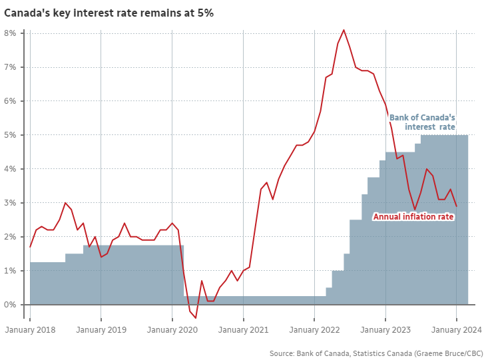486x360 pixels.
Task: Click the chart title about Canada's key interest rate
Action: tap(109, 13)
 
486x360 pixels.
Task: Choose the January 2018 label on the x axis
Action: tap(30, 329)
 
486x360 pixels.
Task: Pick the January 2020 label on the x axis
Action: tap(172, 329)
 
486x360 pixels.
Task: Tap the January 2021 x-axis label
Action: tap(243, 329)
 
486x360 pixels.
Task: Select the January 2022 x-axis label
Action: tap(314, 329)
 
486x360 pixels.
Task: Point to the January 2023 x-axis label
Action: tap(385, 329)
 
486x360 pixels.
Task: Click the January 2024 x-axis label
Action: tap(456, 329)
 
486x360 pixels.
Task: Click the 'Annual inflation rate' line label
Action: tap(413, 217)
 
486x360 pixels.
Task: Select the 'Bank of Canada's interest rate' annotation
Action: tap(422, 122)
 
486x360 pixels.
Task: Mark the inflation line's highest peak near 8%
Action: tap(344, 30)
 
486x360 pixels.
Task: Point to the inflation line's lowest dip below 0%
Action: tap(196, 318)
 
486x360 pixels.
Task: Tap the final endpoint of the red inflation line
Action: tap(456, 206)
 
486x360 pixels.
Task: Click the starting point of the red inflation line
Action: tap(30, 247)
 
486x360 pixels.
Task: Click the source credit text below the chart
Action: tap(376, 353)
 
